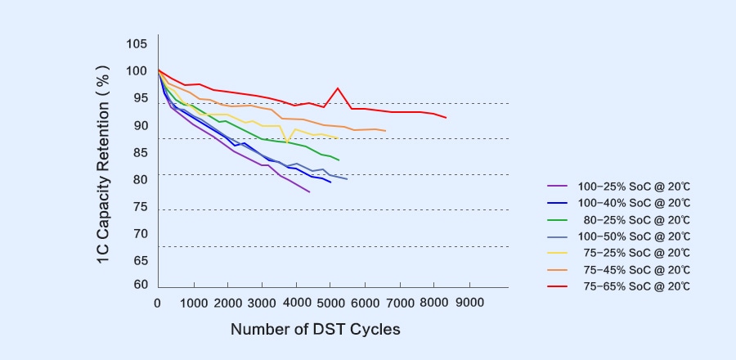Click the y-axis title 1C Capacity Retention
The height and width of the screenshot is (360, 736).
click(103, 163)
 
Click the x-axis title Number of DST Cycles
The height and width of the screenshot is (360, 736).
click(315, 330)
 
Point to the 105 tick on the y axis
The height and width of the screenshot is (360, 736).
click(137, 43)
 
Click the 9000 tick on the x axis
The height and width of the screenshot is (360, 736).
click(469, 303)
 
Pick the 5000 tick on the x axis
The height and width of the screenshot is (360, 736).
click(331, 303)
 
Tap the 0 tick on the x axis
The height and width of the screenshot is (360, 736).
click(157, 303)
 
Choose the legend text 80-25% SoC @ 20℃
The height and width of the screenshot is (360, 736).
click(636, 220)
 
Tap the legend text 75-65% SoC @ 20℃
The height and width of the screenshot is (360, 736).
click(636, 286)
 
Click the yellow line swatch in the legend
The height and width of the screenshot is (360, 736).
click(557, 253)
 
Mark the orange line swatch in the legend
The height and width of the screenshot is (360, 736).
click(557, 270)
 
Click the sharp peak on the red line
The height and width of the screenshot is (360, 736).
click(338, 88)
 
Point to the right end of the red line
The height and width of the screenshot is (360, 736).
click(446, 118)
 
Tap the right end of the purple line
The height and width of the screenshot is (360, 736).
click(309, 191)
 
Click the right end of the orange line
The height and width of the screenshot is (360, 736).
click(385, 131)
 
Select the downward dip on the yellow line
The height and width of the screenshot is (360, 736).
click(287, 142)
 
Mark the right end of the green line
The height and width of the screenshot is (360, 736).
click(339, 160)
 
